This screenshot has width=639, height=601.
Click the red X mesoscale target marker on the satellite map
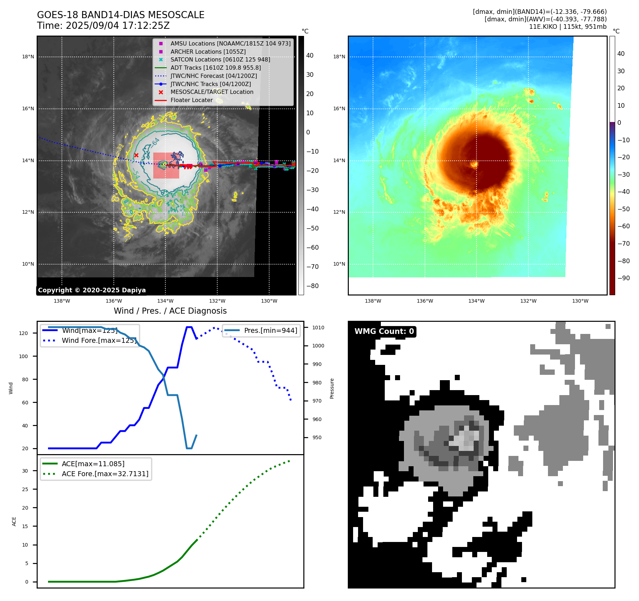(136, 155)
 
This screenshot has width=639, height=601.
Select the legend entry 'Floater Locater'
(191, 100)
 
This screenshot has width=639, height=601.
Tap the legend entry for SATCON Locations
(220, 60)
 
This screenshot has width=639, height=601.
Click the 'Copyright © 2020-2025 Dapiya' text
(92, 290)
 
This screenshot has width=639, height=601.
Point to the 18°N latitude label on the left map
(28, 57)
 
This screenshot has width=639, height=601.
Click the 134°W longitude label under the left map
(165, 301)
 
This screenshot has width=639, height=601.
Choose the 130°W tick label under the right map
(580, 301)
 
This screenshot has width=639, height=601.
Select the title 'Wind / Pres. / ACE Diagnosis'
(170, 311)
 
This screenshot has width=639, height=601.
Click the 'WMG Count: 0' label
(384, 331)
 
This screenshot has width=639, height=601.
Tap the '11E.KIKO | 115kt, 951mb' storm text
(568, 27)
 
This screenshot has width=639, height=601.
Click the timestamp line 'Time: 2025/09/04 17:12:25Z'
(103, 26)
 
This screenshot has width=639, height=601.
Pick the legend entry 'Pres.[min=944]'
(270, 330)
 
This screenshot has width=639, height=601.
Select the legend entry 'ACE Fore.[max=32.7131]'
(105, 474)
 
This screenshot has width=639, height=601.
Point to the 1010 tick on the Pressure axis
(318, 328)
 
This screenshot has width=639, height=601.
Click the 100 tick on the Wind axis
(23, 356)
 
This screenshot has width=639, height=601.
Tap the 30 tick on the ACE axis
(25, 471)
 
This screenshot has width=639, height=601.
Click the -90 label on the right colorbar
(623, 278)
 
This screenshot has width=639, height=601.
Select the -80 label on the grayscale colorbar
(313, 286)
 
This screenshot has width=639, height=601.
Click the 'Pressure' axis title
(332, 388)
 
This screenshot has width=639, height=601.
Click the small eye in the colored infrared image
(474, 164)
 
